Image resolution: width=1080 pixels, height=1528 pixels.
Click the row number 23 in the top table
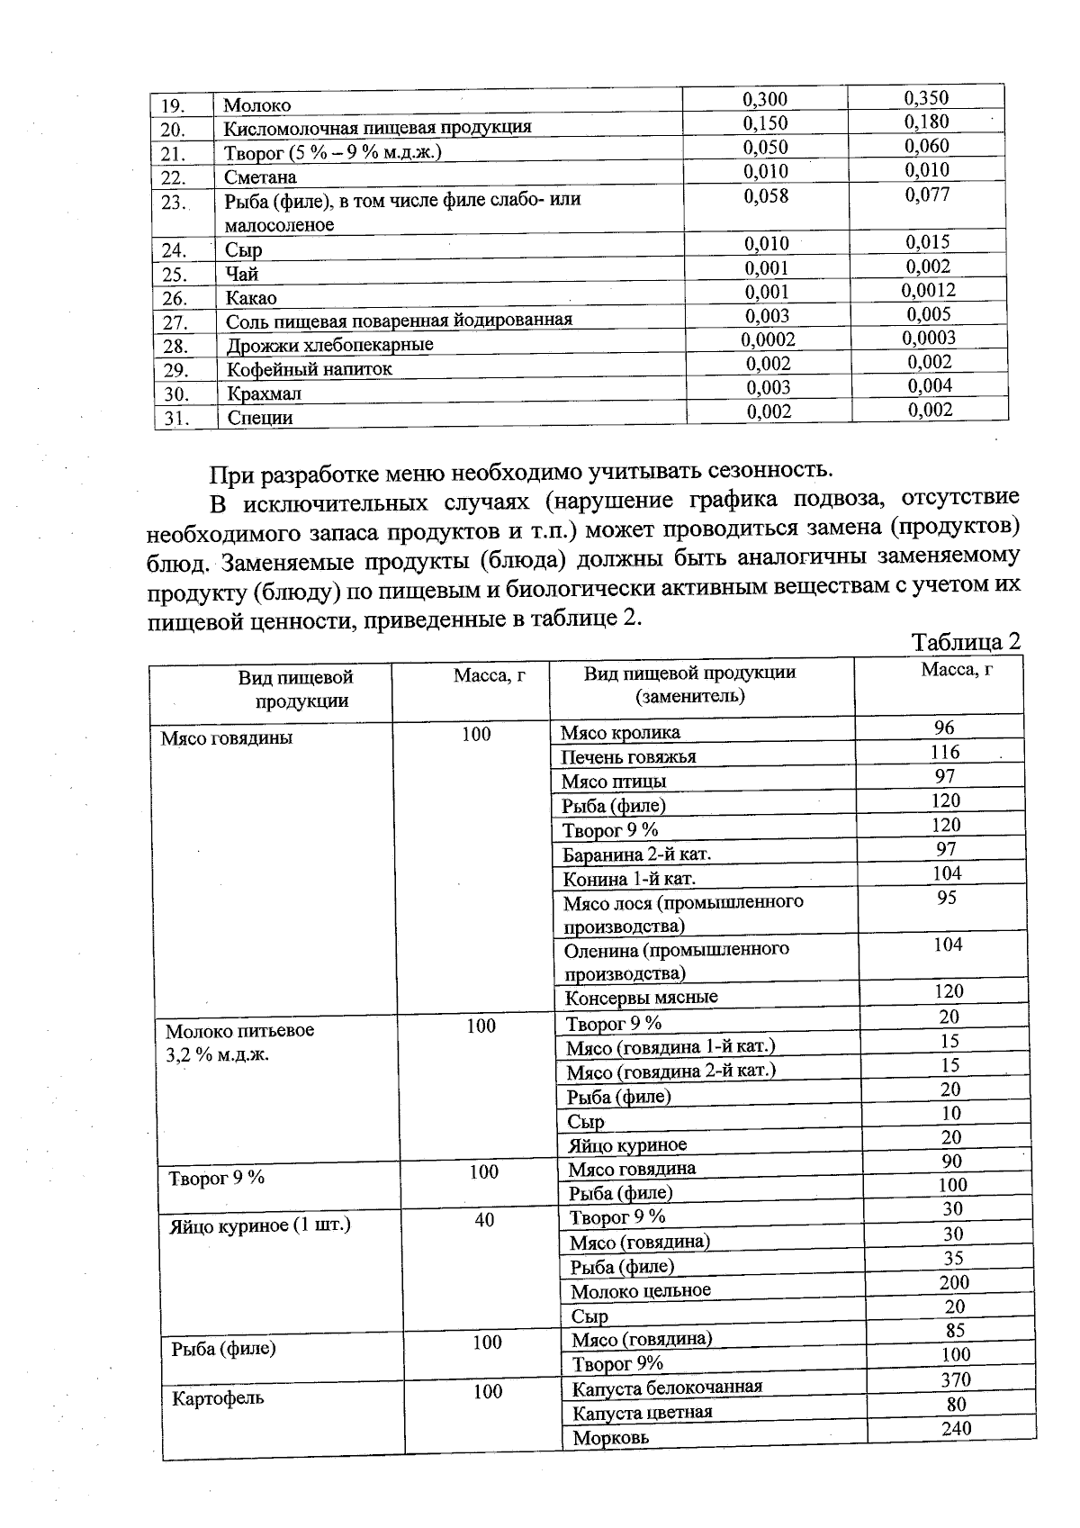click(173, 203)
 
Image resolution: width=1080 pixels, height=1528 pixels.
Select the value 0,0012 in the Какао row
click(928, 290)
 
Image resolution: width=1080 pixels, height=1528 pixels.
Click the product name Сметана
click(260, 177)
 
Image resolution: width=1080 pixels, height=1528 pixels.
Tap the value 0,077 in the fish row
click(927, 194)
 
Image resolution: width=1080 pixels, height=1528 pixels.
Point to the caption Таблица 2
click(966, 642)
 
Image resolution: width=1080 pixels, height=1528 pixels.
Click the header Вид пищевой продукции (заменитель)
click(689, 684)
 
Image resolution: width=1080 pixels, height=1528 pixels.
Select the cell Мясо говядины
click(227, 738)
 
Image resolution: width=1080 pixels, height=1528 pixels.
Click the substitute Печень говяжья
click(628, 757)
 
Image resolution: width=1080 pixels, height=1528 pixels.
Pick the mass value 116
click(945, 752)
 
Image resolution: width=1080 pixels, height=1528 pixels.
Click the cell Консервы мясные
click(641, 997)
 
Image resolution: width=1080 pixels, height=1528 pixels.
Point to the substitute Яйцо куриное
click(626, 1145)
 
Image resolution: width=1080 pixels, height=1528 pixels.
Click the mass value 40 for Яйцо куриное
click(484, 1220)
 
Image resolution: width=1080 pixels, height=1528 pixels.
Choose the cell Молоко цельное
click(640, 1290)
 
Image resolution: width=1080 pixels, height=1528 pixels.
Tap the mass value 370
click(956, 1379)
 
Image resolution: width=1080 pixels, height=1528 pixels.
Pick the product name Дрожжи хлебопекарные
click(329, 345)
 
